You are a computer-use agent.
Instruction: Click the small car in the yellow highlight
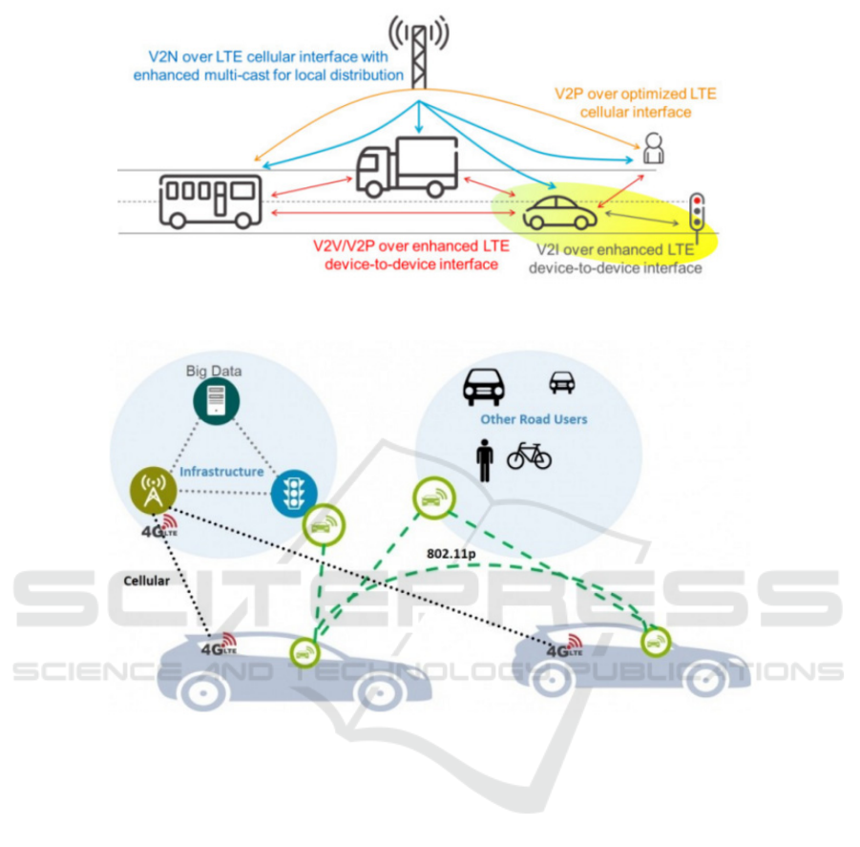tap(558, 212)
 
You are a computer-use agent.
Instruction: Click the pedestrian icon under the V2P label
tap(653, 149)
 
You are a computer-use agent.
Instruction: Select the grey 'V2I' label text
tap(548, 251)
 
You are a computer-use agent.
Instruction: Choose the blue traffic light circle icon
tap(290, 493)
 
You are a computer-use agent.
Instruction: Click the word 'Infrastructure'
tap(222, 472)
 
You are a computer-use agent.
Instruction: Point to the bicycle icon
tap(529, 456)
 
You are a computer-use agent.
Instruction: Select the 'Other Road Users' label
tap(534, 419)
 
